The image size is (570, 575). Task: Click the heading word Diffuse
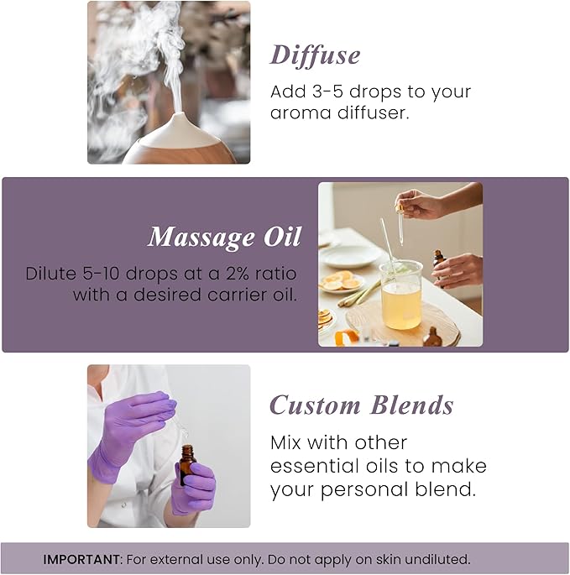pos(315,55)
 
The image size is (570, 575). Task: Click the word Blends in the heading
pos(412,405)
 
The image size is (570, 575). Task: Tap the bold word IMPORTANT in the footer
pos(79,559)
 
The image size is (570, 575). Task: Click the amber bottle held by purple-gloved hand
pos(187,464)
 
